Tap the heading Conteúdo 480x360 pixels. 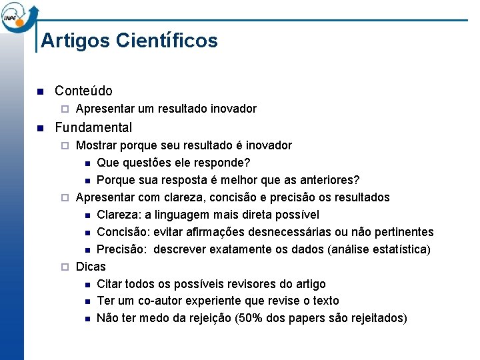tap(83, 91)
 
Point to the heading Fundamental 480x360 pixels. tap(93, 127)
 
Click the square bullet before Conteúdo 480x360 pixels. tap(40, 91)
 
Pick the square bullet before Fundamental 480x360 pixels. tap(40, 128)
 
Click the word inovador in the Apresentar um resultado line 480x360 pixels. tap(233, 109)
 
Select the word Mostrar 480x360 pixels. tap(97, 145)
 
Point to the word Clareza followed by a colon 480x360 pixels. tap(118, 215)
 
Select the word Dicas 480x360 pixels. tap(91, 267)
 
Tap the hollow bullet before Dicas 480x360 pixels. tap(64, 267)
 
